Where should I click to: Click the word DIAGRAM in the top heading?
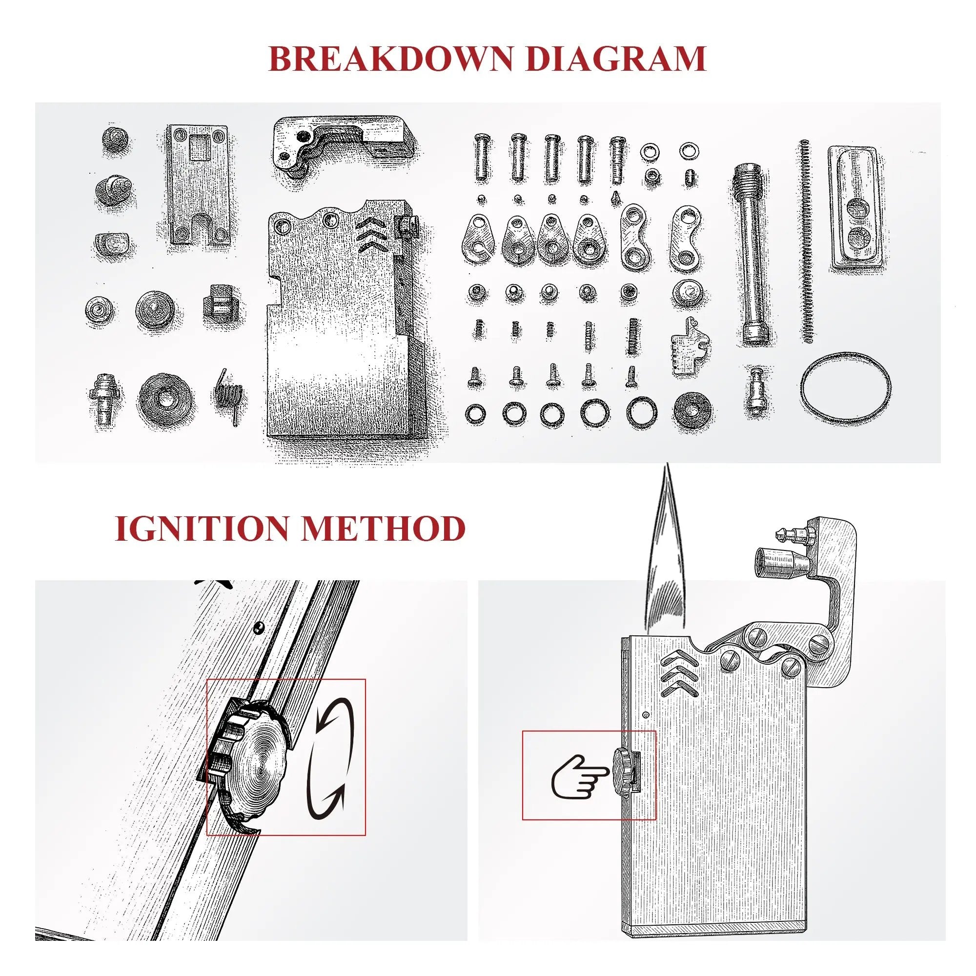[615, 59]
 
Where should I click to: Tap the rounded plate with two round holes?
[855, 210]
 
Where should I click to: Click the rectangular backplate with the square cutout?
[198, 185]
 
